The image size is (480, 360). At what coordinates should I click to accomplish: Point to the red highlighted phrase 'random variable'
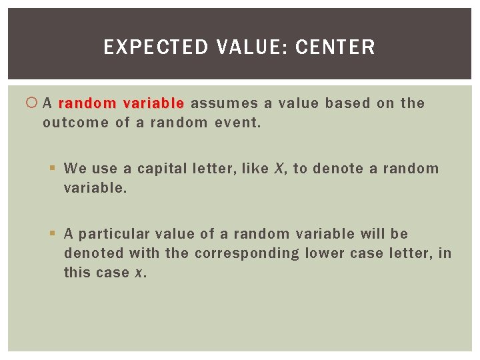[x=121, y=103]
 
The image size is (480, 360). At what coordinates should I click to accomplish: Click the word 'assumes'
[x=224, y=103]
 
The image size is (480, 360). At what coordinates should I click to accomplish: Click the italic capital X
[x=279, y=169]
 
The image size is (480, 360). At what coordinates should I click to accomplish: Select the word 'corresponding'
[x=247, y=253]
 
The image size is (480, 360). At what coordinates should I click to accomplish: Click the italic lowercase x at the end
[x=142, y=273]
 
